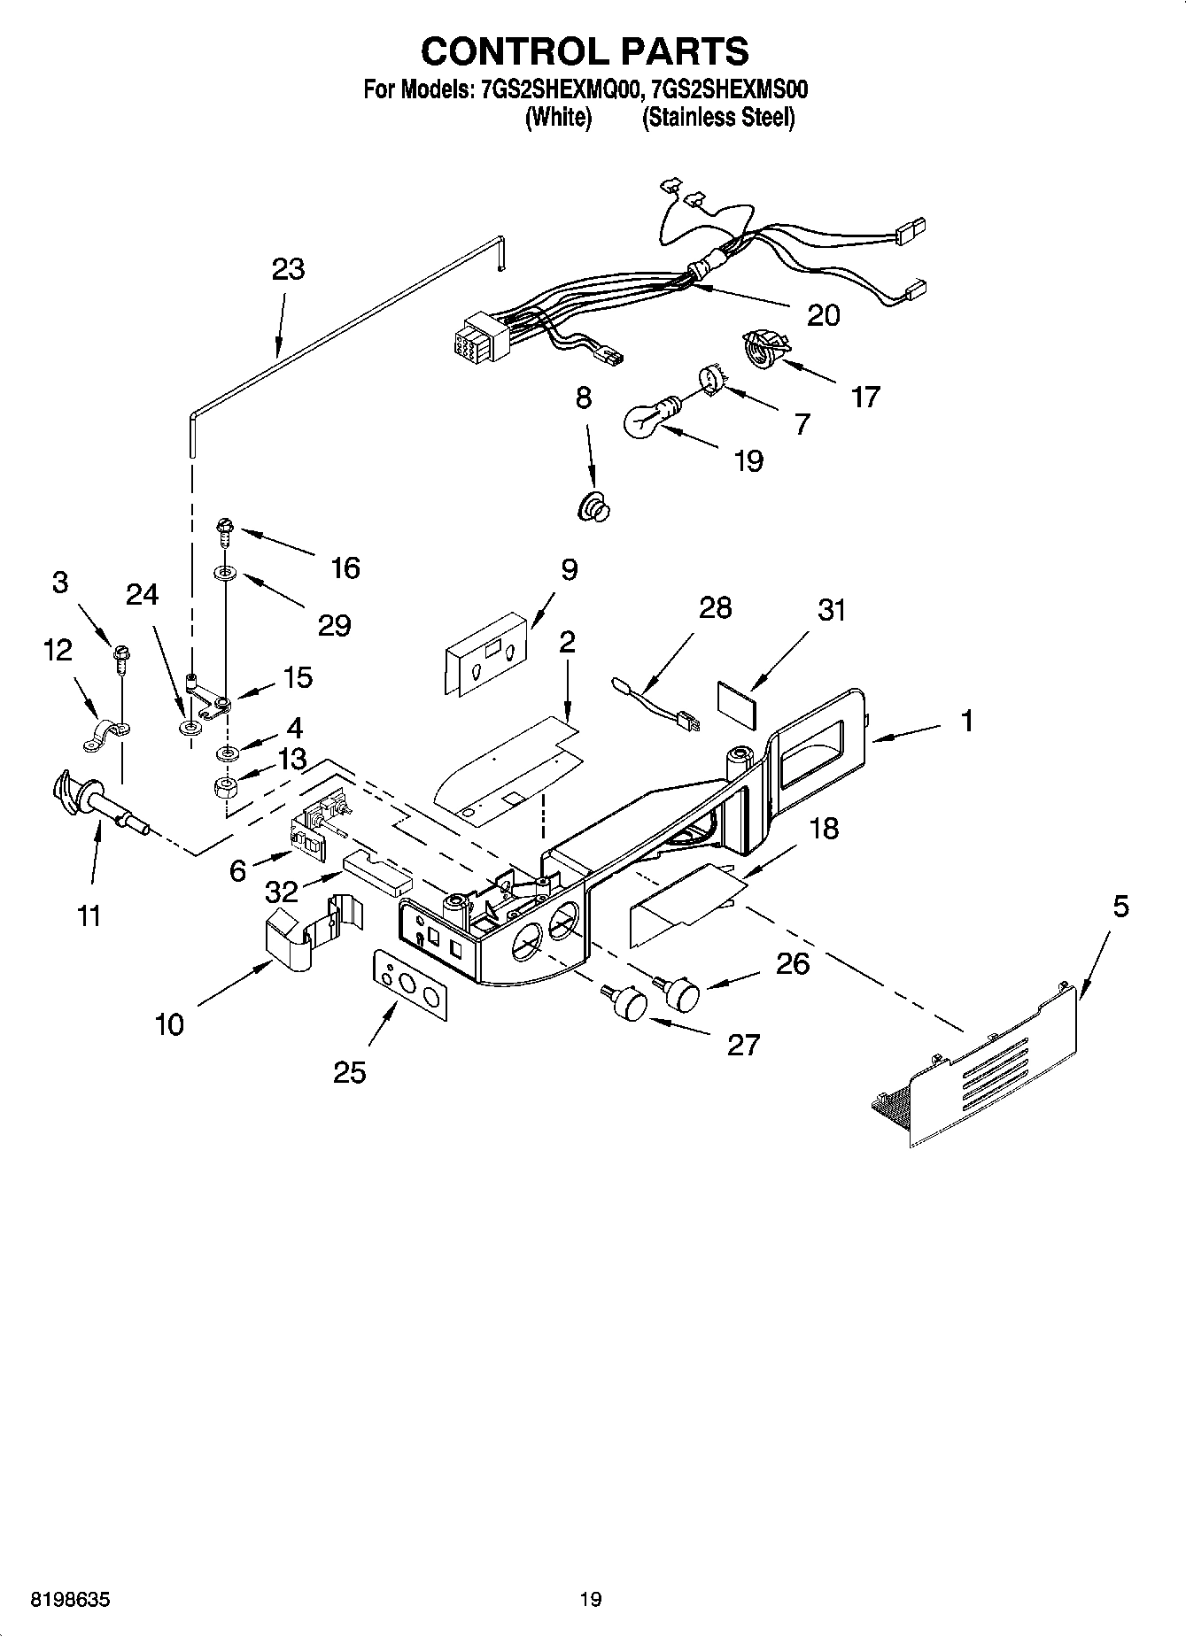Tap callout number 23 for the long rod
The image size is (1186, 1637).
289,268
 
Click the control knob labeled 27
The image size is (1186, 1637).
630,1004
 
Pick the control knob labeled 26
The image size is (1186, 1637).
682,992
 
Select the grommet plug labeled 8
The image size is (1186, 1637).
593,508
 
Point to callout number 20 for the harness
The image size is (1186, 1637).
823,314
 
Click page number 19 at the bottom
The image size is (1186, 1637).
591,1598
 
